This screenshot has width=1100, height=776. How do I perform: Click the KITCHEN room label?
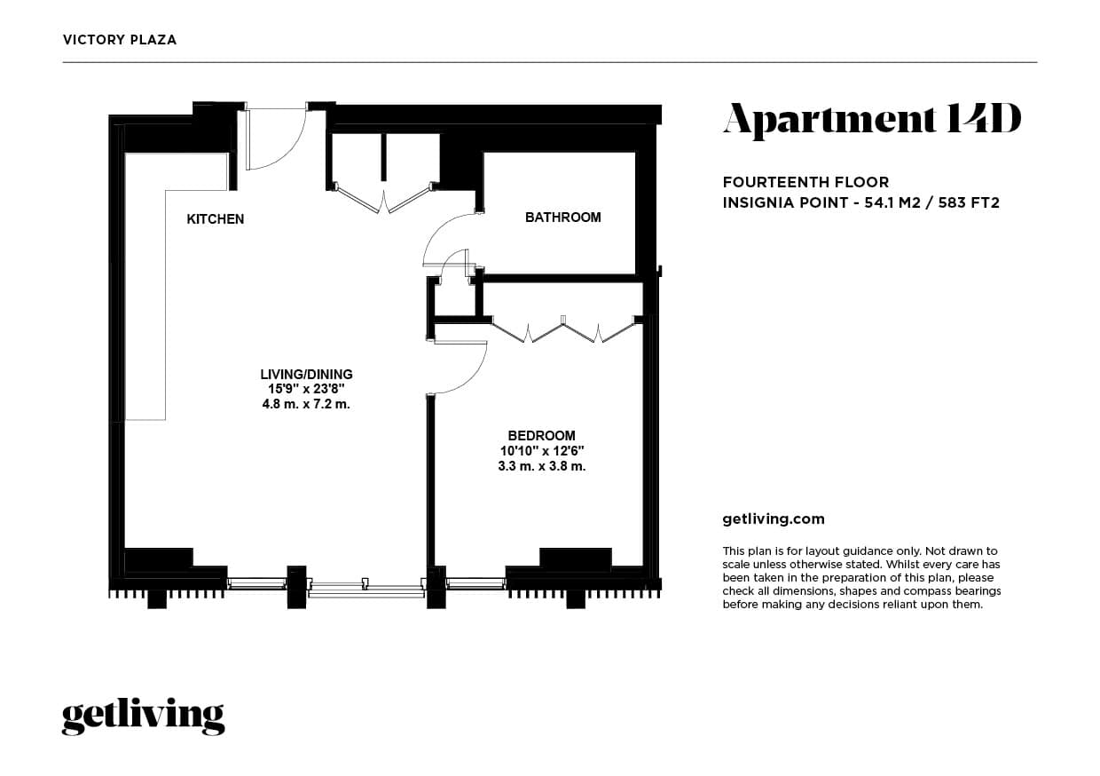click(215, 219)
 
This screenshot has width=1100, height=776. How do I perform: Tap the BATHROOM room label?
click(562, 217)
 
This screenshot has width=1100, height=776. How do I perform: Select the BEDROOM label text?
click(541, 435)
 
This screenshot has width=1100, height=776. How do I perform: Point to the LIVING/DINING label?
click(306, 374)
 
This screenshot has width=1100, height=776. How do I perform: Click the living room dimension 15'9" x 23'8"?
click(306, 389)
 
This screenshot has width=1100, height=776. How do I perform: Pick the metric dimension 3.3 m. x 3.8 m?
click(541, 466)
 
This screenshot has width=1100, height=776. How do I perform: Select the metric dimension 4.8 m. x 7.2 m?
click(306, 404)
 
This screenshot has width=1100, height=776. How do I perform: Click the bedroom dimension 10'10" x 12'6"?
click(541, 451)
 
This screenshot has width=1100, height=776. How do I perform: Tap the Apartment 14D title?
click(871, 120)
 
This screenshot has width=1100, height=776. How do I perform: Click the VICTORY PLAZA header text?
click(120, 40)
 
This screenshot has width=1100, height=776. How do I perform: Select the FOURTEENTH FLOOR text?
click(805, 182)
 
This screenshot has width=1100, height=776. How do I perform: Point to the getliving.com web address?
click(774, 519)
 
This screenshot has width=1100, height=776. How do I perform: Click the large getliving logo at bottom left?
click(143, 716)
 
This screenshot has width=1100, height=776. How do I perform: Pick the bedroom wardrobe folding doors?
click(563, 330)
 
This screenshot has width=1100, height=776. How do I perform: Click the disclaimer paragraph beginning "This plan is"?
click(861, 578)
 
